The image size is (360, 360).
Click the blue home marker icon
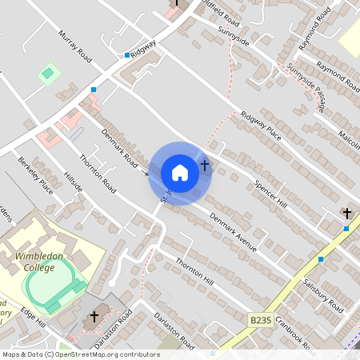[x=180, y=173]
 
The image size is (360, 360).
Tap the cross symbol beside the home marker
[x=205, y=166]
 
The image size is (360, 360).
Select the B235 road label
[x=260, y=320]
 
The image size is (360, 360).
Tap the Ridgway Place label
[x=260, y=125]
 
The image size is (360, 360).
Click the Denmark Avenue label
[x=233, y=232]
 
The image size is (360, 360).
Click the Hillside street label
[x=73, y=182]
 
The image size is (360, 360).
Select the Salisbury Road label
[x=323, y=296]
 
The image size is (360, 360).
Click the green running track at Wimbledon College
[x=54, y=285]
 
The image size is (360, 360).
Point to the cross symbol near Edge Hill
[x=94, y=317]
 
